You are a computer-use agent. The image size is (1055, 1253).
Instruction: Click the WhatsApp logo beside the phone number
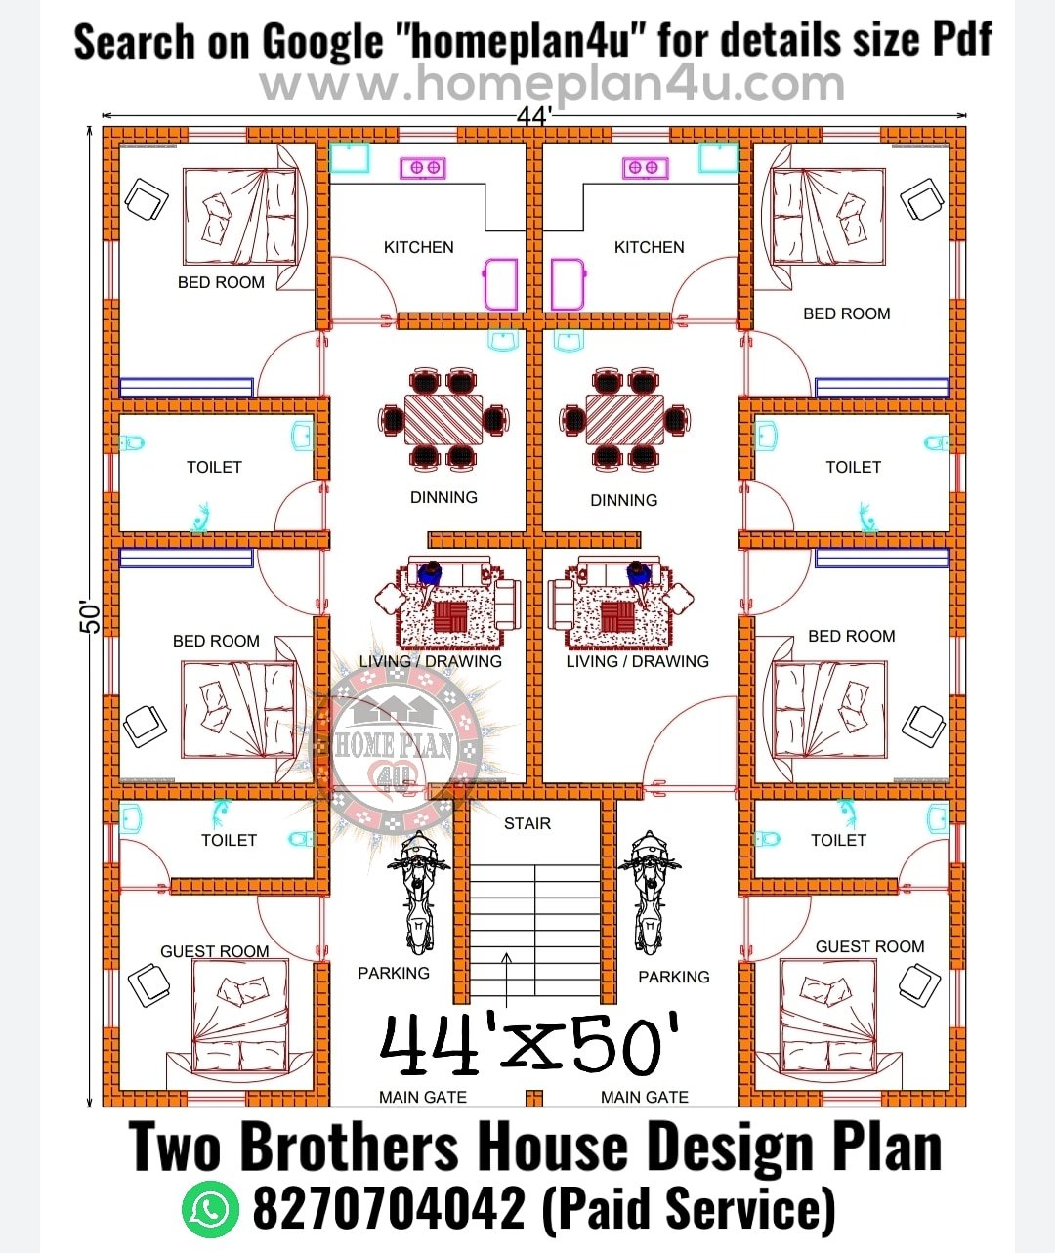tap(209, 1209)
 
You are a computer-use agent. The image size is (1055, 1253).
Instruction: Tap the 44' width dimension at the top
tap(534, 116)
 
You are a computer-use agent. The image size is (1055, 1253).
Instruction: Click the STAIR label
tap(527, 823)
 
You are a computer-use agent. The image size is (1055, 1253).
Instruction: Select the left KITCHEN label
tap(418, 247)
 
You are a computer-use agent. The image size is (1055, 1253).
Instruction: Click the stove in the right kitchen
tap(645, 168)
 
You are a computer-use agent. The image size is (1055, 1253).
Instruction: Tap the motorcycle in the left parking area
tap(418, 893)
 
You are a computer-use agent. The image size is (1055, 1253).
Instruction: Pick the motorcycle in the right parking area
tap(649, 893)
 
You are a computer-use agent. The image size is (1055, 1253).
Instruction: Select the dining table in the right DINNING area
tap(625, 418)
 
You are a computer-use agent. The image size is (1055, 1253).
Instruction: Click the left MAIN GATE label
tap(423, 1097)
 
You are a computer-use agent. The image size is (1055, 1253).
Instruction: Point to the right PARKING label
tap(674, 977)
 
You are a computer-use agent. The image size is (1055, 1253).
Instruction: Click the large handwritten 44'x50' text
tap(528, 1045)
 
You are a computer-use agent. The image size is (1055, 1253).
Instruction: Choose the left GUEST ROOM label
tap(215, 951)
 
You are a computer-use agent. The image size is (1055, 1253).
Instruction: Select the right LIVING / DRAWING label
tap(637, 661)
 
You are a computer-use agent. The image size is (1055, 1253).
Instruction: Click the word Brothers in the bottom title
tap(349, 1148)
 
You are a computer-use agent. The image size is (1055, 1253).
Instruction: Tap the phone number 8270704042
tap(389, 1209)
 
